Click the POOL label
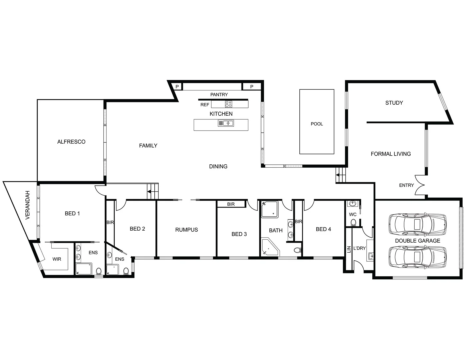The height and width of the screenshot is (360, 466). (x=317, y=124)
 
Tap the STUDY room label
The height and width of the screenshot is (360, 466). (x=394, y=103)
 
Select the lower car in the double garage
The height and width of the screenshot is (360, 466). (x=417, y=257)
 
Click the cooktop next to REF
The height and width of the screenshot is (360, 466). (x=228, y=104)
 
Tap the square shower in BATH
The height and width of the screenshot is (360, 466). (x=269, y=209)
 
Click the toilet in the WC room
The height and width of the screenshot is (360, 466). (x=353, y=222)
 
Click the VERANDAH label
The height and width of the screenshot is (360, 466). (x=28, y=205)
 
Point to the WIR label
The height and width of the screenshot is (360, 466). (x=57, y=259)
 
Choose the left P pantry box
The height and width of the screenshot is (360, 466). (x=177, y=87)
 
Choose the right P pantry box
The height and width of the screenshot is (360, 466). (x=252, y=87)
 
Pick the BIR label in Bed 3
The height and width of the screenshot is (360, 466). (x=231, y=204)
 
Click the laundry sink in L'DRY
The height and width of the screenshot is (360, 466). (x=371, y=256)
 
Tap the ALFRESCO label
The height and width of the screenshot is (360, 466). (x=71, y=142)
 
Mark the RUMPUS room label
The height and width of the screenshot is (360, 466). (x=187, y=230)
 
